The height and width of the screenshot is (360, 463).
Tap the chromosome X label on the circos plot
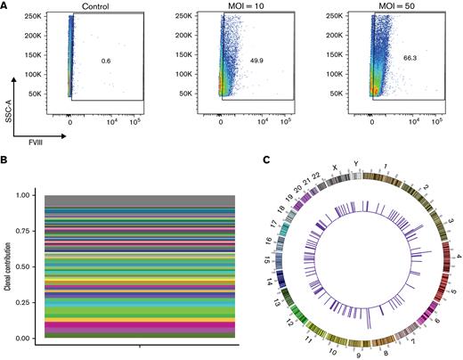(x=335, y=168)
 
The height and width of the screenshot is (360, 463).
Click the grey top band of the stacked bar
(x=142, y=200)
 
